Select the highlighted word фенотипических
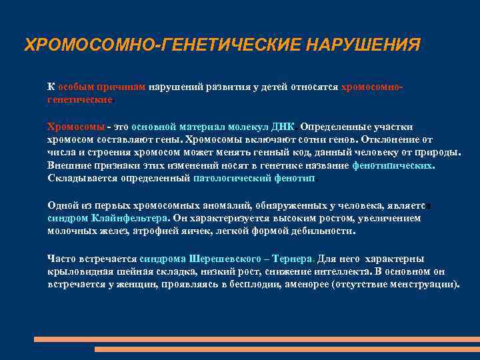(x=393, y=165)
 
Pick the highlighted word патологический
(x=230, y=178)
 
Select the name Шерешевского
(x=221, y=259)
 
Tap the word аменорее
(x=302, y=283)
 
